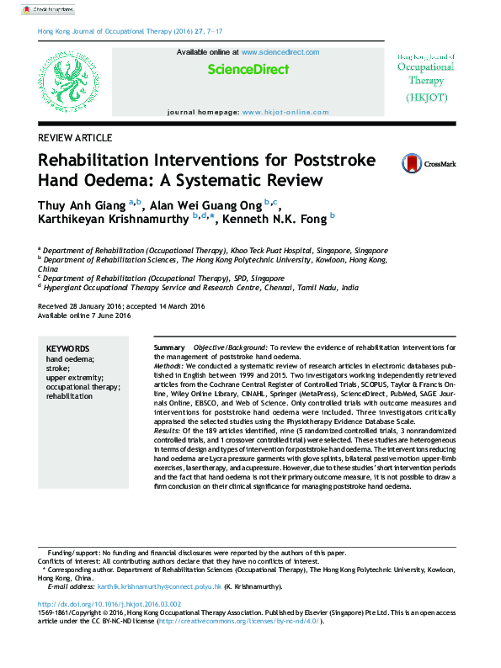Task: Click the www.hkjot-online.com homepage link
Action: point(285,112)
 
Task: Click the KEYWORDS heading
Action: point(67,348)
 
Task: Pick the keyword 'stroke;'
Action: point(59,368)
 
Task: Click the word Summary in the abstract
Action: point(169,347)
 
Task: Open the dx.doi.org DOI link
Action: point(109,604)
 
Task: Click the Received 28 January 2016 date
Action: point(81,306)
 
